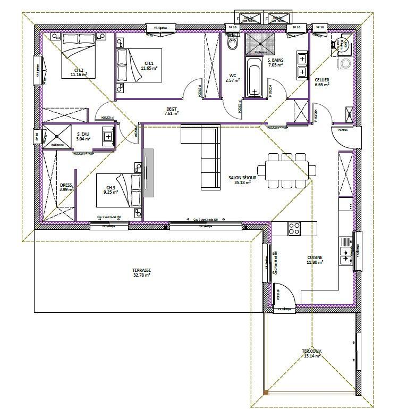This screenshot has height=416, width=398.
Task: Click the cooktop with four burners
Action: [294, 228]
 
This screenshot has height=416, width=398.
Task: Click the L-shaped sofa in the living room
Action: [205, 154]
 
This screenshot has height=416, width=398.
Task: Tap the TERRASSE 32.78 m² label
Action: [141, 272]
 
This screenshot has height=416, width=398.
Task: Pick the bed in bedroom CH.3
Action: [118, 190]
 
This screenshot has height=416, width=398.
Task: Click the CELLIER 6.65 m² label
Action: [322, 81]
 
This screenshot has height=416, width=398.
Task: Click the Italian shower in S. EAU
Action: [57, 137]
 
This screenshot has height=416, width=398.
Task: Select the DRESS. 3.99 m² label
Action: [66, 187]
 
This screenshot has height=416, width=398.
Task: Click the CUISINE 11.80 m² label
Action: [315, 260]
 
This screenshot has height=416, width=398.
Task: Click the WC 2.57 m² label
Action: [232, 78]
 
